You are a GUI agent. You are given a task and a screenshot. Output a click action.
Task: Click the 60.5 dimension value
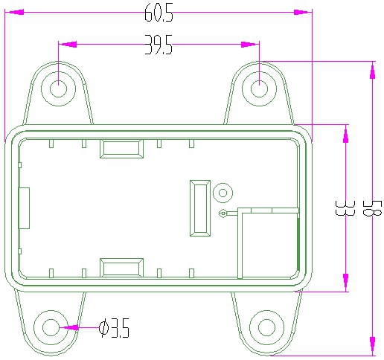(x=159, y=13)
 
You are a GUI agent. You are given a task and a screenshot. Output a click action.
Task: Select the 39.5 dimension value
(x=159, y=47)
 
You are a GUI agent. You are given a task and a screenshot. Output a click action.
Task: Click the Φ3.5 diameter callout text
(x=115, y=327)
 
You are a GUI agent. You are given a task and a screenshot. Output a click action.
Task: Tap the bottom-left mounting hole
(x=51, y=327)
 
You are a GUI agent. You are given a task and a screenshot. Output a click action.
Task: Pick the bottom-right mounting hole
(x=266, y=327)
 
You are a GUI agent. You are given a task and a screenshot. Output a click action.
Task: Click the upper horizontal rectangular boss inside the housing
(x=121, y=149)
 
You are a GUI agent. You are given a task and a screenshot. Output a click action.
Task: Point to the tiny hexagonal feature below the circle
(x=223, y=213)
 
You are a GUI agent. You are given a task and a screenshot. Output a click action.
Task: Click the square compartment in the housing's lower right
(x=268, y=242)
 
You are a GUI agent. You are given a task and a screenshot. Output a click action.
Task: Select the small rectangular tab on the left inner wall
(x=24, y=208)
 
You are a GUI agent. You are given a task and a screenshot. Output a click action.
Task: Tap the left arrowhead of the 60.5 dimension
(x=14, y=13)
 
